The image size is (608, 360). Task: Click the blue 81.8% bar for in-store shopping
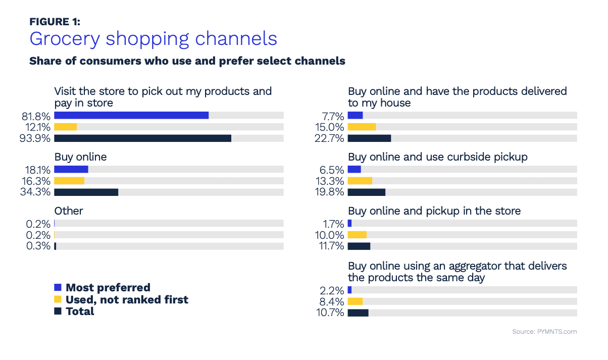tap(131, 116)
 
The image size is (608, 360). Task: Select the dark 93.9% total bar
tap(142, 138)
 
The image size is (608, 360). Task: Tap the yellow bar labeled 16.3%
tap(69, 181)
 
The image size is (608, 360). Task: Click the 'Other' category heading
tap(69, 211)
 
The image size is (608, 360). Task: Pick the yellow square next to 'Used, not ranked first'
tap(58, 299)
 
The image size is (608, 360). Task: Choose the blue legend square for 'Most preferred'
tap(58, 288)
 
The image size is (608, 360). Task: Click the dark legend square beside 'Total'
tap(58, 312)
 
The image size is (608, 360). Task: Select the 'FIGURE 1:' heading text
tap(55, 21)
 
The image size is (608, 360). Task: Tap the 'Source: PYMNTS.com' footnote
tap(544, 332)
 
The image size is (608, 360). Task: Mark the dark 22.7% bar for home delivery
tap(369, 138)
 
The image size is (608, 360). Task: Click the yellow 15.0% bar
tap(362, 127)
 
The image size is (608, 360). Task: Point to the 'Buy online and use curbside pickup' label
tap(437, 157)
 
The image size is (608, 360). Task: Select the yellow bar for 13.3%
tap(360, 181)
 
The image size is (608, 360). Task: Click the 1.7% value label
tap(334, 224)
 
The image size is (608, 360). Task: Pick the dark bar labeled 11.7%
tap(359, 246)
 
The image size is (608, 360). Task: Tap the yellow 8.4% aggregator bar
tap(356, 301)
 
